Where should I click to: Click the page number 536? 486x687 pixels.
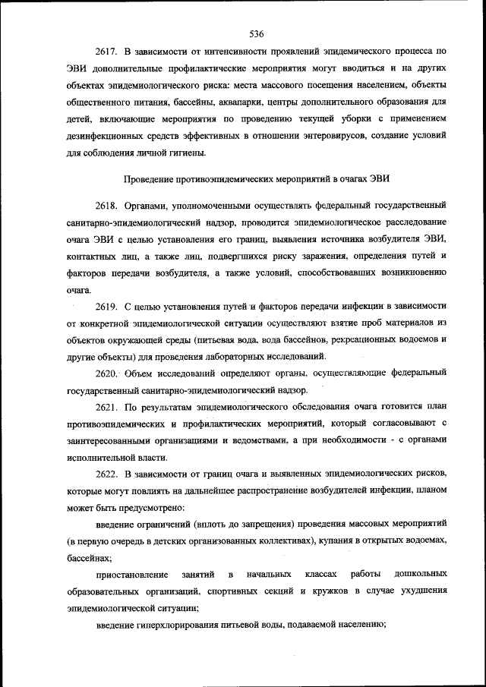coord(256,33)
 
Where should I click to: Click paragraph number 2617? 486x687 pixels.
coord(109,52)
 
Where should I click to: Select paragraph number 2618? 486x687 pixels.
coord(109,206)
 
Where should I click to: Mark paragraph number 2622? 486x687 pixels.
coord(109,474)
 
